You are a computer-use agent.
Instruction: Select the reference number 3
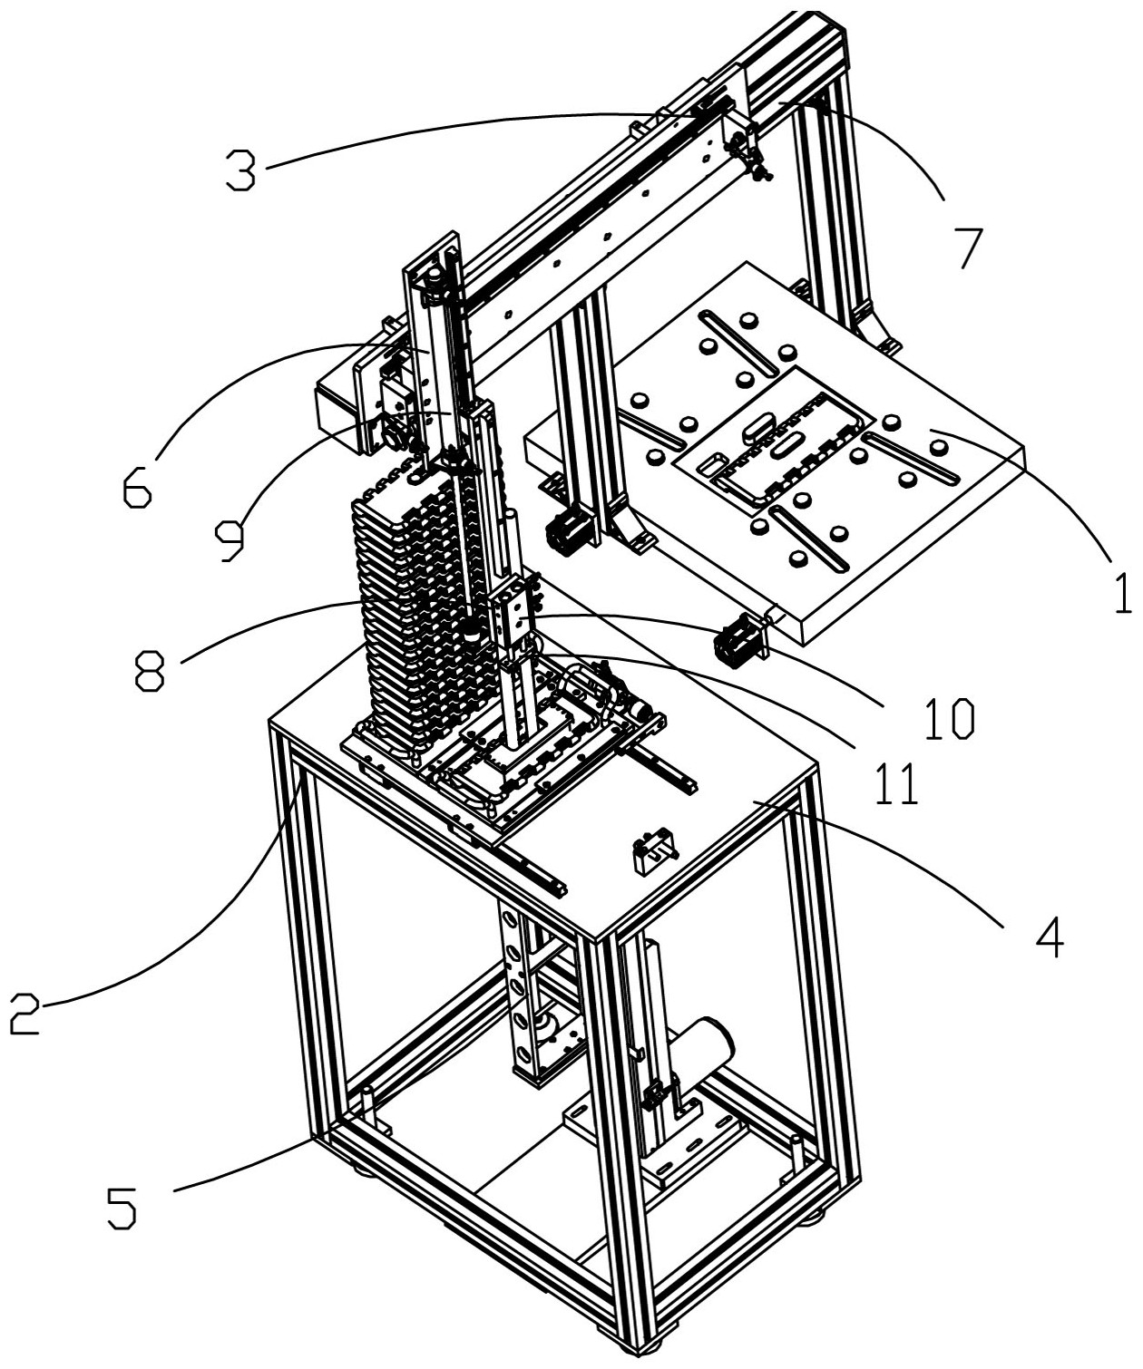(x=240, y=171)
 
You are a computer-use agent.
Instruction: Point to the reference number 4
(x=1049, y=937)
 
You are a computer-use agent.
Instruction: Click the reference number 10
(x=949, y=719)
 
